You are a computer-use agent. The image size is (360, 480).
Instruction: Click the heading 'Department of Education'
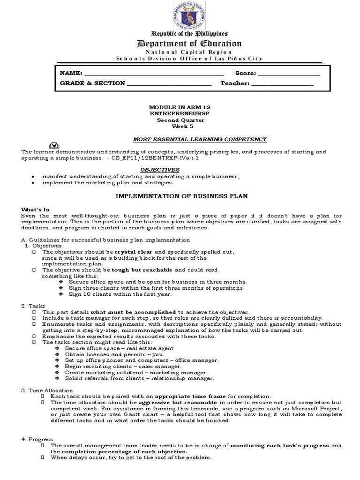182,44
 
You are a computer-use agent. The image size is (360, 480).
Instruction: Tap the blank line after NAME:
154,74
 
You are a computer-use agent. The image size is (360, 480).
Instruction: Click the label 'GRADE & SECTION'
92,83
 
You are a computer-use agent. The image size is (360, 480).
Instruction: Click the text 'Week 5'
182,126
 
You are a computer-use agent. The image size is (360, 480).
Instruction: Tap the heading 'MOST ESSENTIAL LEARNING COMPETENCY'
200,139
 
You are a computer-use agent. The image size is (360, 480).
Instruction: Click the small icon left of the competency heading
54,144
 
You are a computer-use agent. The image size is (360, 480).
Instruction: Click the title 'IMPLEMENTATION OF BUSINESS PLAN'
181,196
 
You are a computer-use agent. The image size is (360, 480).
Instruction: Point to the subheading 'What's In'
36,209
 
